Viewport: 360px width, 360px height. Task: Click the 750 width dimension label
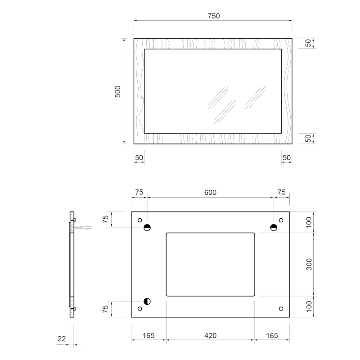click(x=213, y=16)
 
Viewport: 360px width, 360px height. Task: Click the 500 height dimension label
click(x=117, y=92)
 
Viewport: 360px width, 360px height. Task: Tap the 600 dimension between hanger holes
click(x=210, y=193)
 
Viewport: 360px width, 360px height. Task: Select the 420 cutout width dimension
click(x=210, y=336)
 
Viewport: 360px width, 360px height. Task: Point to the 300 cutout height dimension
click(x=309, y=264)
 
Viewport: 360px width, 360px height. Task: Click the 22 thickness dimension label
click(x=62, y=339)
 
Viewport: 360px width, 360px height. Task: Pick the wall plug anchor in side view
click(x=84, y=228)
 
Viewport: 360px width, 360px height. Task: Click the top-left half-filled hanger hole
click(x=147, y=228)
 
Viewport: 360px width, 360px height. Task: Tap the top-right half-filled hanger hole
click(x=274, y=228)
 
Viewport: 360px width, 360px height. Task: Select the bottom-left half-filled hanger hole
click(x=147, y=301)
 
